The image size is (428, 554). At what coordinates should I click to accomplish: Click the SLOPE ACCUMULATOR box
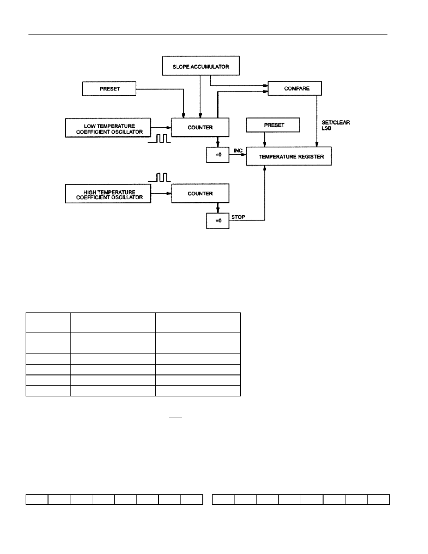tap(201, 66)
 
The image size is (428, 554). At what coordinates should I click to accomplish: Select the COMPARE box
tap(295, 88)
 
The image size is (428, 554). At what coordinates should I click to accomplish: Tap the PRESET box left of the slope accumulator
tap(109, 89)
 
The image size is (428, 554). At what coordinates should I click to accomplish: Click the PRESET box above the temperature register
tap(273, 125)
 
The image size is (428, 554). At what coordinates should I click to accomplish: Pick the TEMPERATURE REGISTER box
tap(289, 156)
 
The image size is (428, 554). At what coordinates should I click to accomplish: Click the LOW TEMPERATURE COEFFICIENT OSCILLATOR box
tap(108, 128)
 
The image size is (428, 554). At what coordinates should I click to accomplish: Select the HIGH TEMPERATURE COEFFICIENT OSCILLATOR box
tap(108, 194)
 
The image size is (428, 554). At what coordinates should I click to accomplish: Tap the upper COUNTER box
tap(200, 127)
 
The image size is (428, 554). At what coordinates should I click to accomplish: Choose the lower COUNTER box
tap(200, 193)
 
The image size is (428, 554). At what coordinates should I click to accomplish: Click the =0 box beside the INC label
tap(218, 155)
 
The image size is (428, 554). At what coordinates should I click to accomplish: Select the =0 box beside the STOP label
tap(218, 221)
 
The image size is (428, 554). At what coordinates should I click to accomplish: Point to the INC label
tap(238, 151)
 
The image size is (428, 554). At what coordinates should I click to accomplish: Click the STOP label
tap(238, 217)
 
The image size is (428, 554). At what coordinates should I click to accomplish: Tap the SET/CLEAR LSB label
tap(336, 125)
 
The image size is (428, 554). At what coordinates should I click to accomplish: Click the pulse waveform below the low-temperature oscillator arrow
tap(159, 138)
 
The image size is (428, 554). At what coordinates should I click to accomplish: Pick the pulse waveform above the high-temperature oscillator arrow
tap(159, 177)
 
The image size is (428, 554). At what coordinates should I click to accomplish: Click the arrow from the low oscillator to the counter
tap(161, 128)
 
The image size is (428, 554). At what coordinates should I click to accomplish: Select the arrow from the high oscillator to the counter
tap(161, 193)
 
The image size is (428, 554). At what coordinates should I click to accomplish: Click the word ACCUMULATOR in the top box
tap(210, 66)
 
